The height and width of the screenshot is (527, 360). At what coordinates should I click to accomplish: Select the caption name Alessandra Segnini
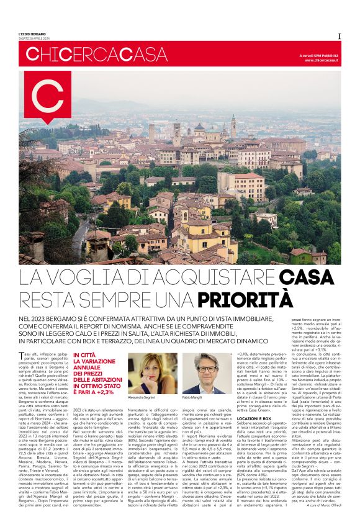pyautogui.click(x=142, y=397)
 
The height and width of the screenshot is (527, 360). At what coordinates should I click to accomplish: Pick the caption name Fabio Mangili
pyautogui.click(x=193, y=397)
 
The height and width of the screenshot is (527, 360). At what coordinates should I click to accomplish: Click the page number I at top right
pyautogui.click(x=338, y=36)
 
